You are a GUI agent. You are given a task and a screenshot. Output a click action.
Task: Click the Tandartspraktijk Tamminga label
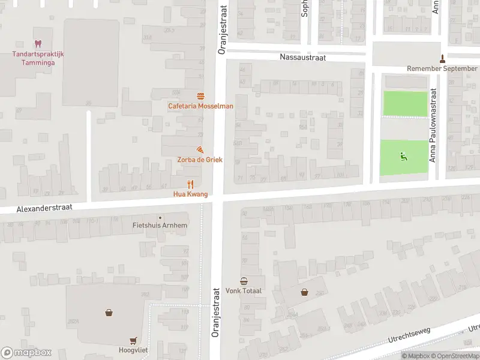tap(38, 58)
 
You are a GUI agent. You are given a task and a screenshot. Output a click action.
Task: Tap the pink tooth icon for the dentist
tap(38, 44)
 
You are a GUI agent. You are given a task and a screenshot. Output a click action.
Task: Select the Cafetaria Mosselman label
tap(200, 106)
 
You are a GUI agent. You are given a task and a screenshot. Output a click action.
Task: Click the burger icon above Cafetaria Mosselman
tap(200, 96)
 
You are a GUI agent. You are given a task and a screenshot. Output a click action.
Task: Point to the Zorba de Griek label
tap(200, 160)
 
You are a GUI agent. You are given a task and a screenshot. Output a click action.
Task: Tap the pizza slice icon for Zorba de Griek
tap(200, 149)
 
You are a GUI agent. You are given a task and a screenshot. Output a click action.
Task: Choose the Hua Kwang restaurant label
tap(190, 194)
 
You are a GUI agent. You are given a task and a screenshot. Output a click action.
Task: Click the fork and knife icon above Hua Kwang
tap(190, 184)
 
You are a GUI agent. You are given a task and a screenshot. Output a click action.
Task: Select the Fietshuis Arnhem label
tap(160, 226)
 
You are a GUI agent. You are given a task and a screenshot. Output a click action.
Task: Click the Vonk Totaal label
tap(244, 291)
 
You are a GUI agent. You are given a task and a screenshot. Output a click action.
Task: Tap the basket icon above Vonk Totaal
tap(244, 281)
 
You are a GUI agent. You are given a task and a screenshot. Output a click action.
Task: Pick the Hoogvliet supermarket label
tap(133, 350)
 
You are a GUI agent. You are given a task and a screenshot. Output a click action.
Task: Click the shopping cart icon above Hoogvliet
tap(133, 340)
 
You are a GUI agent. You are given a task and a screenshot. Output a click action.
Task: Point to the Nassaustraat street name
tap(302, 57)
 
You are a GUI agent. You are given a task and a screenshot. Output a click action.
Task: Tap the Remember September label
tap(442, 68)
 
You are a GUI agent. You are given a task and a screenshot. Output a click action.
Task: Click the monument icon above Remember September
tap(443, 58)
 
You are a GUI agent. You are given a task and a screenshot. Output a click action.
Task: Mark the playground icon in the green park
tap(404, 157)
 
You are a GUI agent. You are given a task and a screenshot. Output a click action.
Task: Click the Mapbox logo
tap(26, 353)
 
